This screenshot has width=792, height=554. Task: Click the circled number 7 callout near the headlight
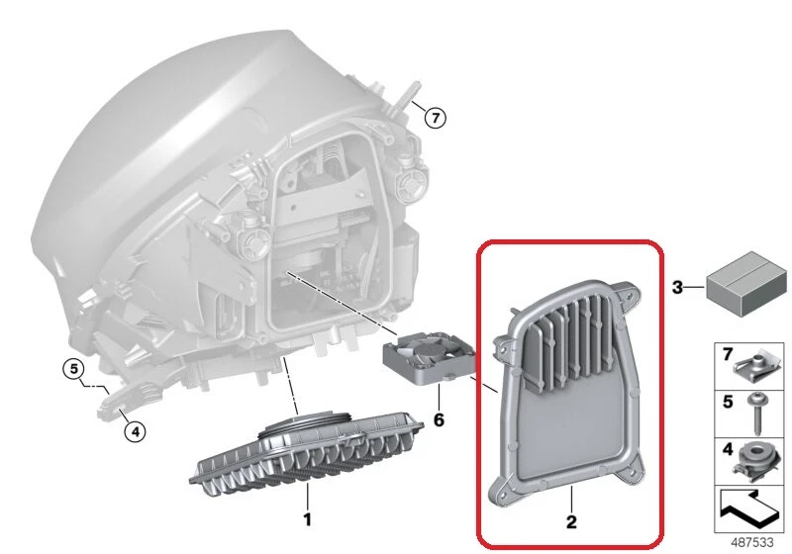(435, 117)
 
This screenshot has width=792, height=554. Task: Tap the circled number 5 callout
(73, 370)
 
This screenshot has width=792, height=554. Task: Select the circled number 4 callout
(135, 430)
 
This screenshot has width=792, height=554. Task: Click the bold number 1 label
(307, 518)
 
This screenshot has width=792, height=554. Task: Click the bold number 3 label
(677, 287)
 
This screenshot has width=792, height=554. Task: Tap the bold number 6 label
(439, 419)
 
